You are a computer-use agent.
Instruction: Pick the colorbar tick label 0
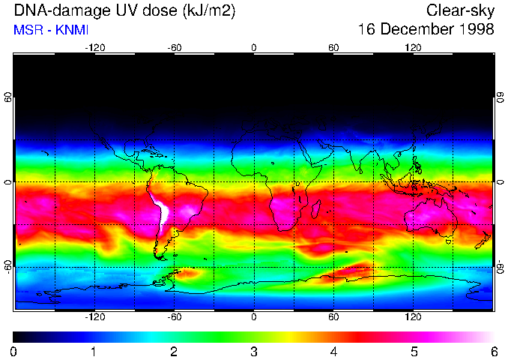(x=13, y=351)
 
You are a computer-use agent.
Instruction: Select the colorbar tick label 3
(x=254, y=351)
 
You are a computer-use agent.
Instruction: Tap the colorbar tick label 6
(x=493, y=351)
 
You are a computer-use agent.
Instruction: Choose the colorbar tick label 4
(x=333, y=351)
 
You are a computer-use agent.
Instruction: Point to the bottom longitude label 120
(x=413, y=316)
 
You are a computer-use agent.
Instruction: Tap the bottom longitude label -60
(x=174, y=316)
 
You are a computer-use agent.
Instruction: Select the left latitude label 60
(x=8, y=98)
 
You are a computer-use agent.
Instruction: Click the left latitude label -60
(x=8, y=267)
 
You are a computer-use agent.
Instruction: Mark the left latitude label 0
(x=8, y=182)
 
